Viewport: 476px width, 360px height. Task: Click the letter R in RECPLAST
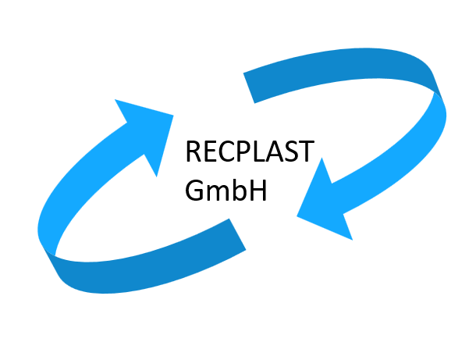click(x=194, y=151)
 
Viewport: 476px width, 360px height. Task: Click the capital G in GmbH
click(x=195, y=191)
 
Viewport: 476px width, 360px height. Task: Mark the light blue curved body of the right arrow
click(x=414, y=156)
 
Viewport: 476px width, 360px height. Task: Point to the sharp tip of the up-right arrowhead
click(x=172, y=117)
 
